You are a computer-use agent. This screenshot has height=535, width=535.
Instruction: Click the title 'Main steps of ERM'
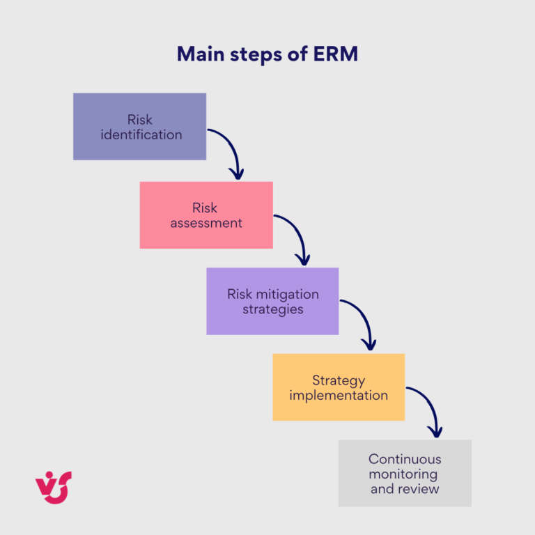[x=267, y=54]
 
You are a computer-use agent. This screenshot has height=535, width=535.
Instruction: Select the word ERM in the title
[x=335, y=54]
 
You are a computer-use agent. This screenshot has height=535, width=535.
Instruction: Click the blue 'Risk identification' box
[x=139, y=127]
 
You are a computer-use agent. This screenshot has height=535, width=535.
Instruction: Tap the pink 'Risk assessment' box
[x=206, y=215]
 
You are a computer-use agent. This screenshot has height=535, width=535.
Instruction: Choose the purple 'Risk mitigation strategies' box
[x=272, y=301]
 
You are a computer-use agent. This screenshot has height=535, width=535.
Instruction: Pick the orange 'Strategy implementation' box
[x=339, y=387]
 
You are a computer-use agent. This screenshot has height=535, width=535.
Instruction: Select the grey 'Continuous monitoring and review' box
[x=405, y=473]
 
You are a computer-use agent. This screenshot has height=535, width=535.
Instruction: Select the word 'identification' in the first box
[x=141, y=135]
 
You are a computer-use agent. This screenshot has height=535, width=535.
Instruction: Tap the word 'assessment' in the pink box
[x=206, y=224]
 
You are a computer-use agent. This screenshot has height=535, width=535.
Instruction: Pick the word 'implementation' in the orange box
[x=339, y=396]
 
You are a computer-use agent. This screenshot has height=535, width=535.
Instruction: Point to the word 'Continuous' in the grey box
[x=405, y=459]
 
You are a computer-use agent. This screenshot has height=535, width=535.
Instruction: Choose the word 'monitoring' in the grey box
[x=405, y=474]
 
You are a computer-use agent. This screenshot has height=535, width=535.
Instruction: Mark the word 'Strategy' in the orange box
[x=339, y=380]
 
